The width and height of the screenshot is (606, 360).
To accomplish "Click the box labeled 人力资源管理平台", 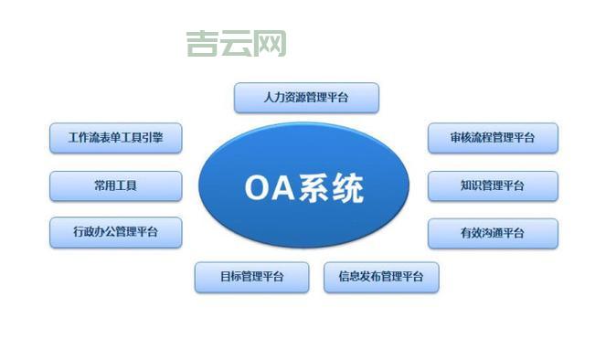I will pos(305,97).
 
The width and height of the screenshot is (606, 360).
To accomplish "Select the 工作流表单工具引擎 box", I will pos(115,139).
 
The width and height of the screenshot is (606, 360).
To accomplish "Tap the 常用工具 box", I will pos(115,185).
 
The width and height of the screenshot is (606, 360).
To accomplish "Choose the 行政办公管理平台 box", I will pos(115,232).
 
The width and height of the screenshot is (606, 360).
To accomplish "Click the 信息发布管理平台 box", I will pos(380,277).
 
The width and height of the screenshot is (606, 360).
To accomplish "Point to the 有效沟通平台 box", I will pos(493,232).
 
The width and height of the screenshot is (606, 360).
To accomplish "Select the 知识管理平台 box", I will pos(493,185).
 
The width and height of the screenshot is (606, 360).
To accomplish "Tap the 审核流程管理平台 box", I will pos(493,139).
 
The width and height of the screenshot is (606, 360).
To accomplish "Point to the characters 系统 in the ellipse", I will pos(335,188).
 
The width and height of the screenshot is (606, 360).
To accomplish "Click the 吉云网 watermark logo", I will pos(236,42).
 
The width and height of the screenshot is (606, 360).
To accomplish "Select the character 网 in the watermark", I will pos(271,42).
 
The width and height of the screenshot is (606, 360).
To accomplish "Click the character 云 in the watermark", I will pos(236,42).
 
